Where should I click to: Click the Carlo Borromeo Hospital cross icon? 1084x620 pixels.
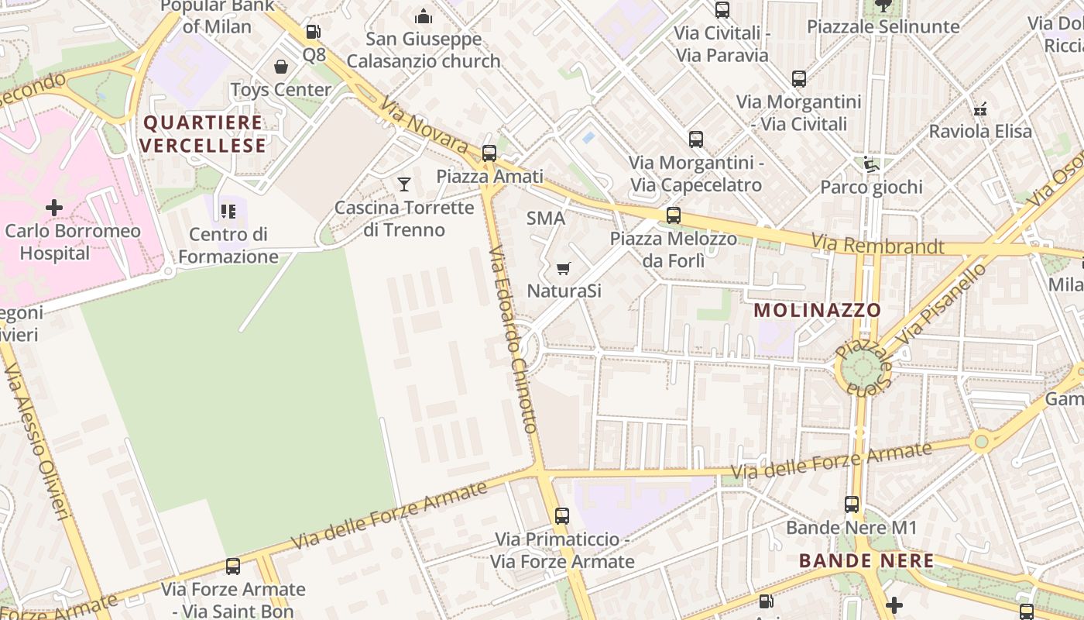(53, 208)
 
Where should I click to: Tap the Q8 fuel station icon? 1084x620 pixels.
(313, 32)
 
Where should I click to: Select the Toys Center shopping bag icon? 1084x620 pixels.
(281, 67)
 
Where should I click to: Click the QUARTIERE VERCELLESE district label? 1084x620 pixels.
(204, 134)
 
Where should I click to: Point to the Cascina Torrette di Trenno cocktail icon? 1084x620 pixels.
(403, 184)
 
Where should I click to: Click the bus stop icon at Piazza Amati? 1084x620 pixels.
(489, 153)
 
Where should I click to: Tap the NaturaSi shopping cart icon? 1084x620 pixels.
(564, 268)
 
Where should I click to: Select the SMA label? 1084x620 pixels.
(546, 219)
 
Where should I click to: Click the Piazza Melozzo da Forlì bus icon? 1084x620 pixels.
(674, 215)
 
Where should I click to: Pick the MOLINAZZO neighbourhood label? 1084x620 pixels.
(818, 310)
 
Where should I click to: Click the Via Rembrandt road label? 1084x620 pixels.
(877, 246)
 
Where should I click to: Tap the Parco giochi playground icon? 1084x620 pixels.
(871, 164)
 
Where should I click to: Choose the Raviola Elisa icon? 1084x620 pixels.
(980, 108)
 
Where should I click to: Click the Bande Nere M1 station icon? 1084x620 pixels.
(852, 505)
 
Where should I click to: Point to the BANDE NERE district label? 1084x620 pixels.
(866, 560)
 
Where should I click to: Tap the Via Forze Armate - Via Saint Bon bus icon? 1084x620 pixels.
(233, 567)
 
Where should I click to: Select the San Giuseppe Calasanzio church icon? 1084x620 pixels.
(424, 15)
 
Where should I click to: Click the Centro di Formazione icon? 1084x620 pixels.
(228, 211)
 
